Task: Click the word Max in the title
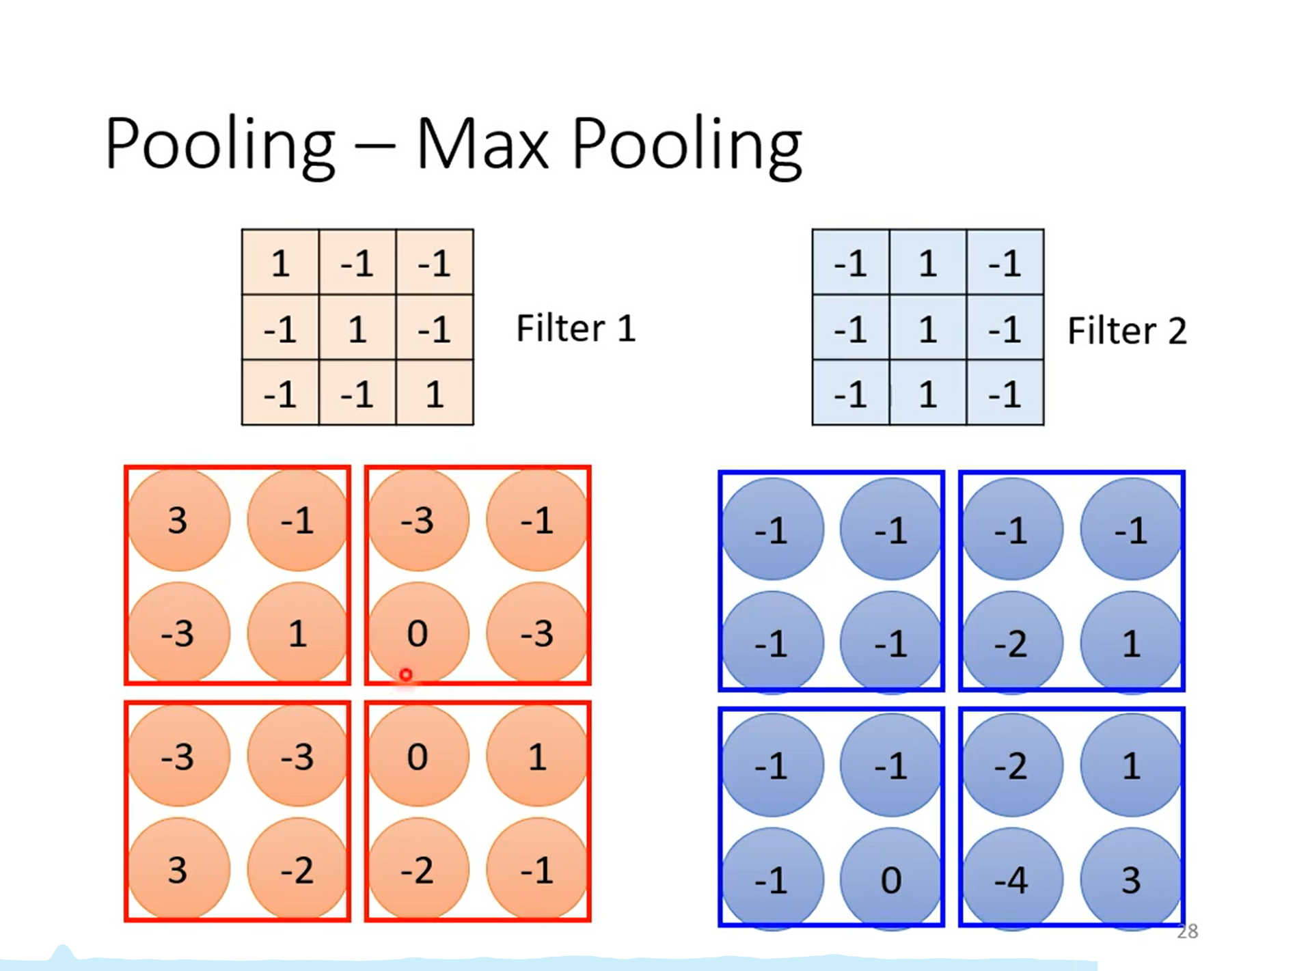coord(482,144)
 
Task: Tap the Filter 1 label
coord(575,328)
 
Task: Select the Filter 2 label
coord(1126,331)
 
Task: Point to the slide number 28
coord(1188,931)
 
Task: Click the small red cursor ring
coord(406,675)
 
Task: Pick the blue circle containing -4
coord(1012,879)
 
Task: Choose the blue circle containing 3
coord(1131,879)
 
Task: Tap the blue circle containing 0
coord(891,879)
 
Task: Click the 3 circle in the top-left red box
coord(178,520)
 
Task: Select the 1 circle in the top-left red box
coord(297,633)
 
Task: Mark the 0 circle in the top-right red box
coord(418,633)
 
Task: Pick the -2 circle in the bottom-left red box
coord(297,869)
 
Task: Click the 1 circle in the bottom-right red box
coord(537,756)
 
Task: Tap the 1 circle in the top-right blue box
coord(1131,642)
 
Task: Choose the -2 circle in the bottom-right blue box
coord(1012,765)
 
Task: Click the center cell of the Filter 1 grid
coord(357,328)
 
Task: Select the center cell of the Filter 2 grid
coord(928,328)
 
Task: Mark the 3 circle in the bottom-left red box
coord(178,869)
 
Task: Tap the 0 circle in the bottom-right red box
coord(418,756)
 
